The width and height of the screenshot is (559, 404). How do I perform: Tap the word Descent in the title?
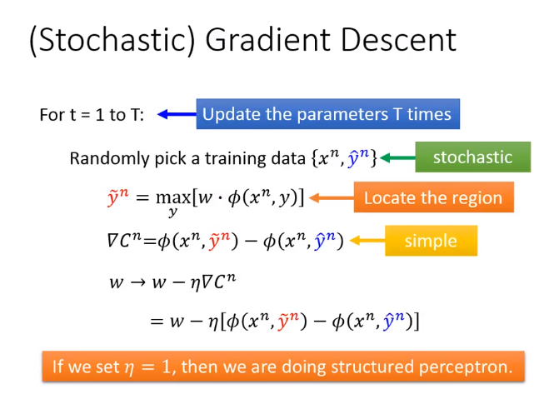pos(399,40)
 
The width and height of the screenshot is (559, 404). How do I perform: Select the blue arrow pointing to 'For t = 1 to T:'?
pos(177,114)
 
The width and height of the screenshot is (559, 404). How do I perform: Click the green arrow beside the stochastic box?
pos(397,157)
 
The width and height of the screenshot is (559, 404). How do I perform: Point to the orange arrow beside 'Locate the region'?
pos(332,197)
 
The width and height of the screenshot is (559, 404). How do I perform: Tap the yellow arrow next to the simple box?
pos(367,241)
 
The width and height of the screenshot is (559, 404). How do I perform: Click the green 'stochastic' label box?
pos(472,157)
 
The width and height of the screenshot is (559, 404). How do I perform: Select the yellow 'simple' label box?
pos(431,241)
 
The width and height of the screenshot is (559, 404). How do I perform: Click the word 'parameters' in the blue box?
pos(342,114)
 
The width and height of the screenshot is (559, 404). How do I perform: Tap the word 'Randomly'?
pos(109,158)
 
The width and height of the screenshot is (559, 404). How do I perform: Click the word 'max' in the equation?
pos(173,197)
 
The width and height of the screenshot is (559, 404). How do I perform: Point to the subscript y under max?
pos(173,212)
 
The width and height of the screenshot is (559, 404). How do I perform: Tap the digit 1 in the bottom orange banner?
pos(167,367)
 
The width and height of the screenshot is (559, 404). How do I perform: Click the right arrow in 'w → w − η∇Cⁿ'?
pos(137,282)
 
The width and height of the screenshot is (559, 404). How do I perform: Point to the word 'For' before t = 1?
pos(52,115)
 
